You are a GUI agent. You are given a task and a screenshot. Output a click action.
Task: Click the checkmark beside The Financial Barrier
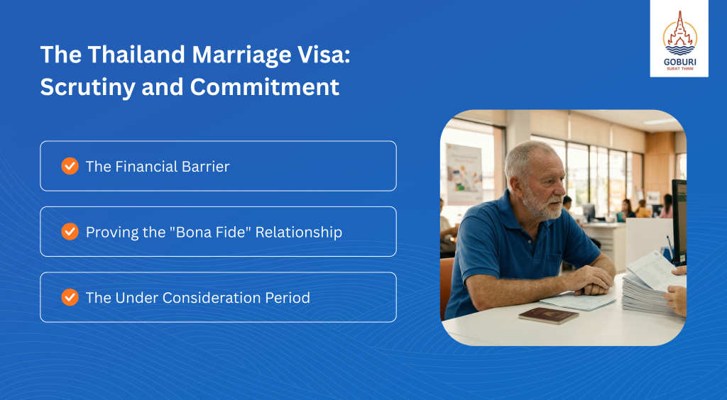(x=70, y=166)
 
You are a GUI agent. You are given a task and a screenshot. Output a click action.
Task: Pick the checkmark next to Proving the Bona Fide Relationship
(x=70, y=231)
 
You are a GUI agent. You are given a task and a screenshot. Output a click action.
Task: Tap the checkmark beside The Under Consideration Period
(x=70, y=297)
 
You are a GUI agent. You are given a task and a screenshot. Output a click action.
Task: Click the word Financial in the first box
(x=141, y=167)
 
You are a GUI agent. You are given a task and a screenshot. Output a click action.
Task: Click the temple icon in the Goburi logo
(x=679, y=33)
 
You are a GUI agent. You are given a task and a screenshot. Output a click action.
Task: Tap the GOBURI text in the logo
(x=679, y=62)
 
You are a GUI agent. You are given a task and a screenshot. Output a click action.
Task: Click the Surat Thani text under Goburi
(x=679, y=69)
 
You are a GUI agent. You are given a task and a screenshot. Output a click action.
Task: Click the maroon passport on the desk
(x=549, y=316)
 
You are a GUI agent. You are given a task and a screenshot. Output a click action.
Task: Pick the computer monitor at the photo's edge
(x=679, y=222)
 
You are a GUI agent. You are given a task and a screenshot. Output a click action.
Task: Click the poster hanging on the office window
(x=464, y=174)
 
